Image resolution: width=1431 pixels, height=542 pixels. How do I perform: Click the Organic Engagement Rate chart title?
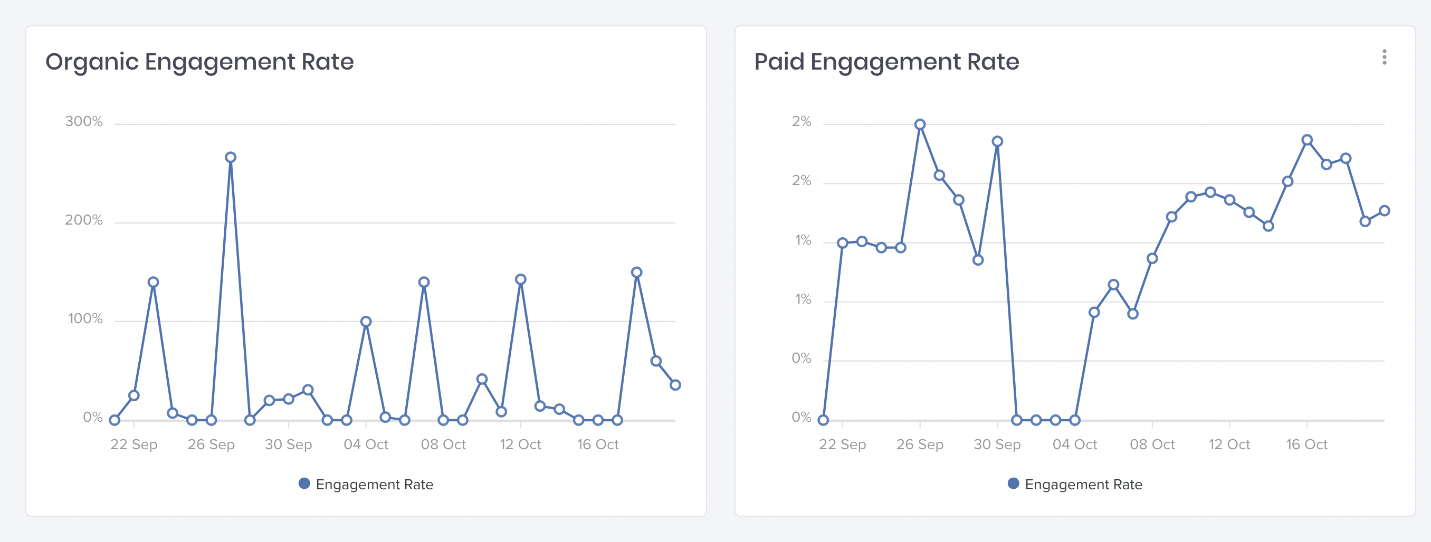point(199,62)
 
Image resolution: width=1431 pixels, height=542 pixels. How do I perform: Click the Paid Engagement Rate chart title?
point(886,62)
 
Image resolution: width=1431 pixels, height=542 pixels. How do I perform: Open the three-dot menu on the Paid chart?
point(1384,57)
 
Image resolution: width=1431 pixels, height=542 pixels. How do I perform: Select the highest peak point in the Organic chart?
point(231,158)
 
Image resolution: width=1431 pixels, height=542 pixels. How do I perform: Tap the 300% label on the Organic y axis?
point(84,122)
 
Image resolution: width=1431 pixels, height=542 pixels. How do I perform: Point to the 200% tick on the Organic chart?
point(84,220)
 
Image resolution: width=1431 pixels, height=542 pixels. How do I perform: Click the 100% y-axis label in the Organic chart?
point(85,319)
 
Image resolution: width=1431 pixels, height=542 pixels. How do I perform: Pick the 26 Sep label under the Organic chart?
point(211,444)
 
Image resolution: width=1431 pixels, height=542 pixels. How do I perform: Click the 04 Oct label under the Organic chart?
point(366,444)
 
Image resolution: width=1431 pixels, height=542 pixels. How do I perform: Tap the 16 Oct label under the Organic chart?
point(598,444)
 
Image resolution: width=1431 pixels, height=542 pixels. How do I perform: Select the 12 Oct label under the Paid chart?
point(1229,444)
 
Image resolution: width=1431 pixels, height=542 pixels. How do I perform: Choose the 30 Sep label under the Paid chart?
point(997,444)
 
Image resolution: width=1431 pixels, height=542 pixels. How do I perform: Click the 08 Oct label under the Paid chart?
point(1152,444)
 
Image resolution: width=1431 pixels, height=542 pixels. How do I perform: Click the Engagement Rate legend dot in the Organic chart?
point(304,483)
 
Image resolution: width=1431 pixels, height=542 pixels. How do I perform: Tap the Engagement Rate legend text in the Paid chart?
point(1083,484)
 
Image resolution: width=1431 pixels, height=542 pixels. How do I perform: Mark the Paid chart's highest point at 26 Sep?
point(920,124)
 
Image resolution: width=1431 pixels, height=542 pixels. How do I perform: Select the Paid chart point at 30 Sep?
point(997,142)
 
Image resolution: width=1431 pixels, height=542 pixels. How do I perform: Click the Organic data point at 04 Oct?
point(366,322)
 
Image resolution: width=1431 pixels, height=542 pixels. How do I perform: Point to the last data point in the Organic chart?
point(675,385)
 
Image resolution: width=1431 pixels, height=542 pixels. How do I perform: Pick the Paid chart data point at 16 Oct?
point(1307,140)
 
